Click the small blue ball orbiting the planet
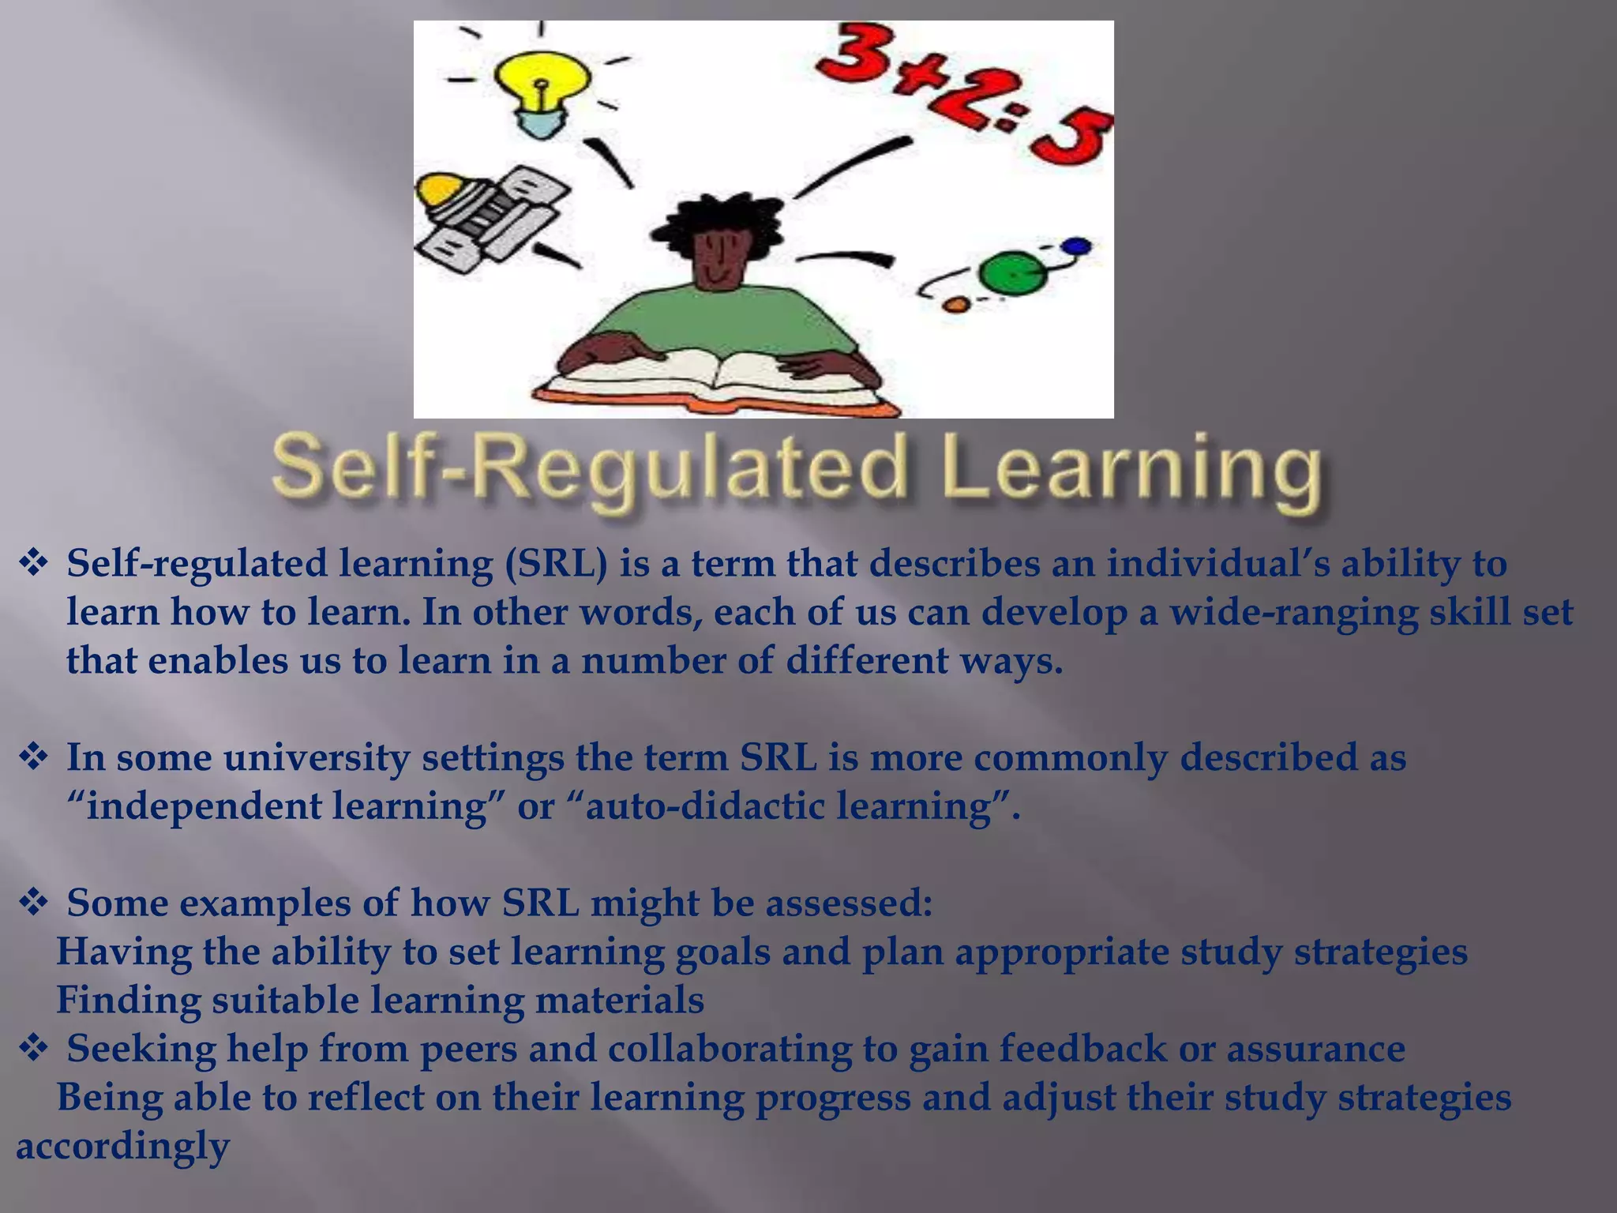point(1077,246)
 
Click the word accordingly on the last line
point(123,1146)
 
